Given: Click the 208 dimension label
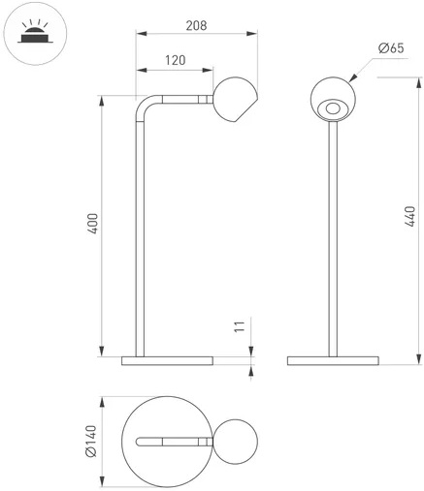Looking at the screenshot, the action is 196,25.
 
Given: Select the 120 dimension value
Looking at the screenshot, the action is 176,60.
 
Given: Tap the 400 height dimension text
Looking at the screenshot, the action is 93,224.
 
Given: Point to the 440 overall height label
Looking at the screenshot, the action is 409,216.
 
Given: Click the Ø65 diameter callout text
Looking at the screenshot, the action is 391,48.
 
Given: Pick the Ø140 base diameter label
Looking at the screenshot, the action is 91,442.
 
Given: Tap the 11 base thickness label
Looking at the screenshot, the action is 240,326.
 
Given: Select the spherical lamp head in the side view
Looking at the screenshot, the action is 236,100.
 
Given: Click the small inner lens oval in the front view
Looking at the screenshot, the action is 333,108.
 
